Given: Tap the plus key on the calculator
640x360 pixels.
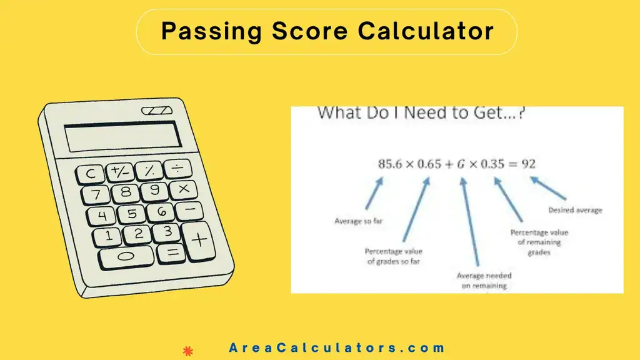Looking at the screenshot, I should click(x=198, y=239).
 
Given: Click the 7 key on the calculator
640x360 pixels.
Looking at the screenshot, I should click(x=96, y=195).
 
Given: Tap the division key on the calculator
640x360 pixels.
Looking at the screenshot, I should click(x=179, y=167).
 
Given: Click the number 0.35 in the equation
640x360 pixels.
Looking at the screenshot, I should click(x=493, y=164).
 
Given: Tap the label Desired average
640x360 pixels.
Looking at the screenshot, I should click(x=575, y=211).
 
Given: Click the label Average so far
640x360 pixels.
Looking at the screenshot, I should click(x=354, y=222).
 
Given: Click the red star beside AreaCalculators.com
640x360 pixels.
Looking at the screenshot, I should click(x=187, y=351).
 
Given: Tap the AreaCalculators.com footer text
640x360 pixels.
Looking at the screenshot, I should click(x=337, y=348).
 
